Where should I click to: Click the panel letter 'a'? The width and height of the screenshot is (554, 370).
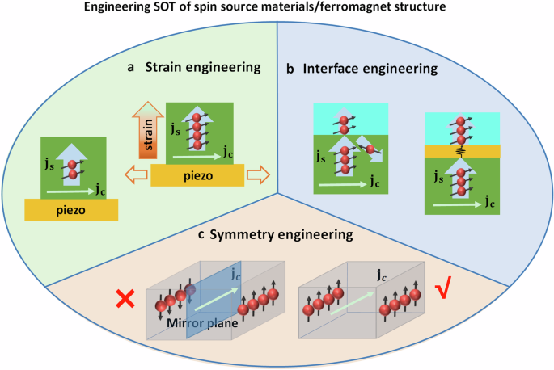pos(131,69)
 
